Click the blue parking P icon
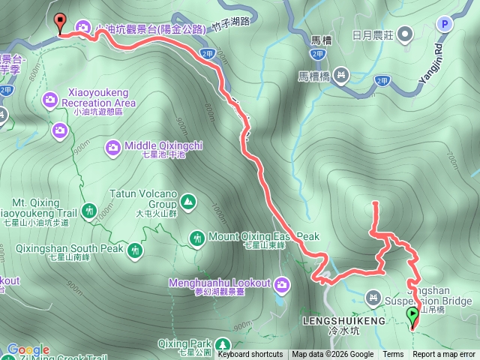pos(445,25)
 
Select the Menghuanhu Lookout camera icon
pos(283,283)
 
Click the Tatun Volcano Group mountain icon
pos(187,201)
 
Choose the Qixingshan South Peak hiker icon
pos(135,249)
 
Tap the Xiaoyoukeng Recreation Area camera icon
pos(50,98)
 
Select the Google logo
pos(28,350)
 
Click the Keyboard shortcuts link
pos(250,355)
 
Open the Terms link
pos(393,355)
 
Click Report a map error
pos(444,355)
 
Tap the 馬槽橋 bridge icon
pos(341,74)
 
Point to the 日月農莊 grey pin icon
pos(406,34)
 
